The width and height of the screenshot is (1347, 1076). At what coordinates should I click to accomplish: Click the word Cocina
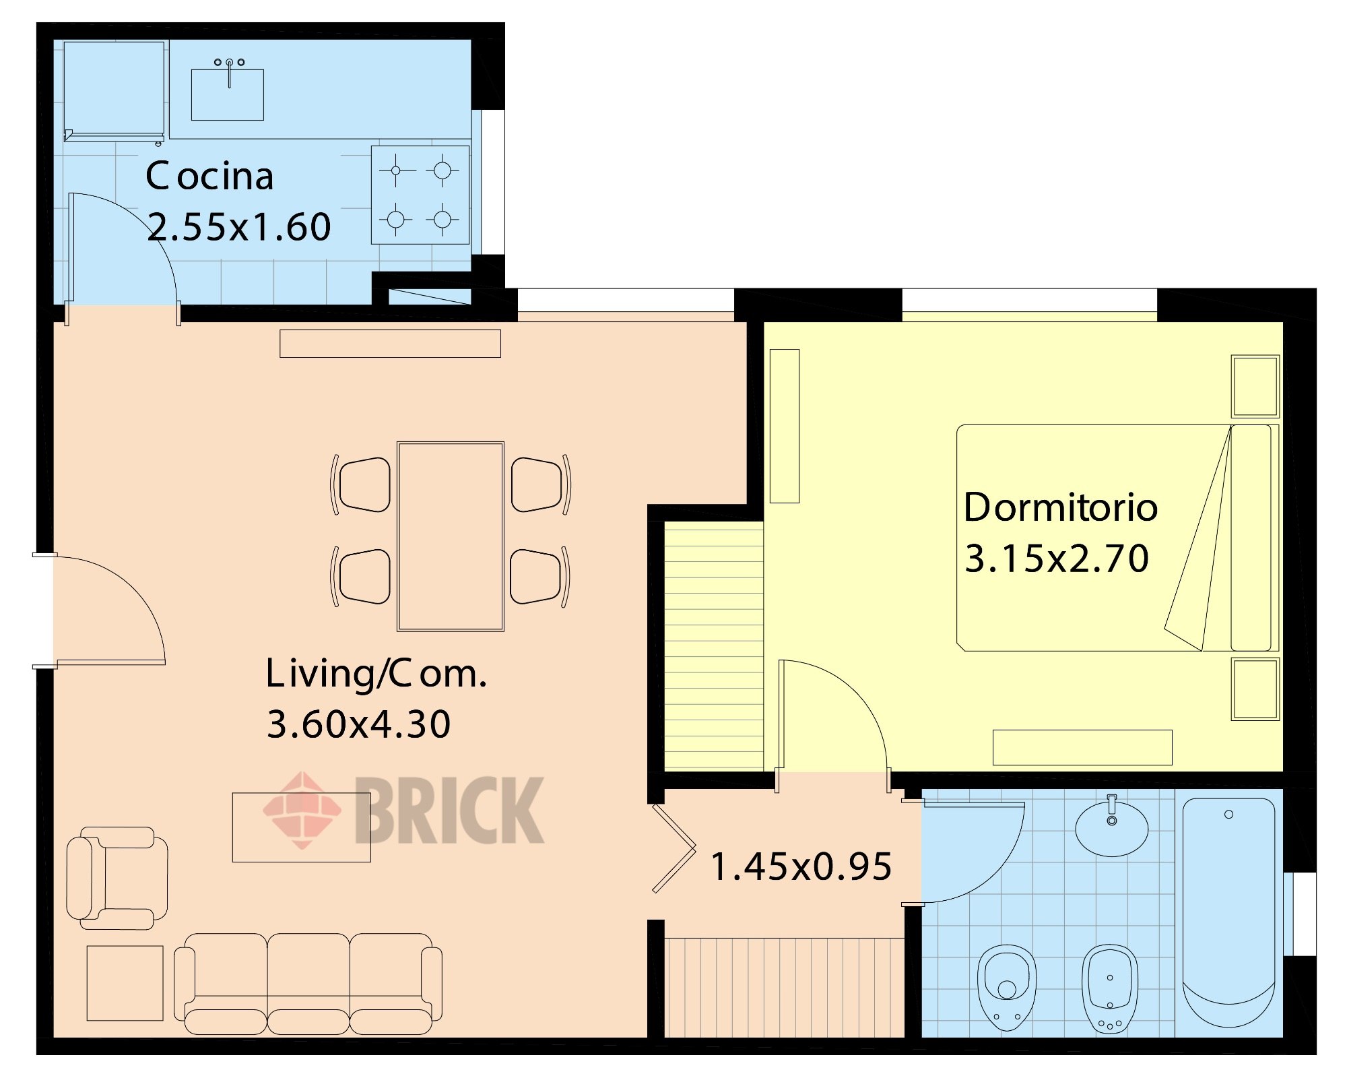(209, 176)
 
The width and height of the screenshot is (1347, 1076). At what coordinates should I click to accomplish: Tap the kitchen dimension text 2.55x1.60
(239, 226)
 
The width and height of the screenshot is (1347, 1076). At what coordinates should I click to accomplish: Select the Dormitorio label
(1061, 507)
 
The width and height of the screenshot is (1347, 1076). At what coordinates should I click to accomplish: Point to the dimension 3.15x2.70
(1057, 559)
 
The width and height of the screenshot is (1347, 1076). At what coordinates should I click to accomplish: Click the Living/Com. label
(376, 674)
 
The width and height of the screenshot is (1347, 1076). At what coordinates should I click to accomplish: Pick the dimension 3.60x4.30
(358, 724)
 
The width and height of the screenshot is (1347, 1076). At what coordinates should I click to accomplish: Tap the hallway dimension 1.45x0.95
(801, 866)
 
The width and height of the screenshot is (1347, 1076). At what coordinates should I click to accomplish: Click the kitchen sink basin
(228, 94)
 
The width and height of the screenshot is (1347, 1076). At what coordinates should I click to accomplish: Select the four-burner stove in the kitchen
(420, 195)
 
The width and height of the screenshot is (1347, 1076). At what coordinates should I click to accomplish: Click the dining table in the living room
(451, 536)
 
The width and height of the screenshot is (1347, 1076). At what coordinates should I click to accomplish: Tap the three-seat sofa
(308, 984)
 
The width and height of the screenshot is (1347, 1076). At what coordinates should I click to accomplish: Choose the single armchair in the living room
(117, 878)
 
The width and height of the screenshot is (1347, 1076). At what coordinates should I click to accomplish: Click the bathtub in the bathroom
(1228, 912)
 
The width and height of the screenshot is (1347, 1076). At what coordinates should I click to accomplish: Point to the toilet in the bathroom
(1007, 987)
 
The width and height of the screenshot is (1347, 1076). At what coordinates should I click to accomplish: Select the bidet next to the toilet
(1110, 988)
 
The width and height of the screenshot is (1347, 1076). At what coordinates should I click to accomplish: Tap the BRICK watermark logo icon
(302, 810)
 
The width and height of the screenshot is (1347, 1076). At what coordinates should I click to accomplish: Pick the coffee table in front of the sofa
(302, 827)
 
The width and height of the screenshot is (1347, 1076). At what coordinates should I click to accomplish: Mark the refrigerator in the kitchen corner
(114, 91)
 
